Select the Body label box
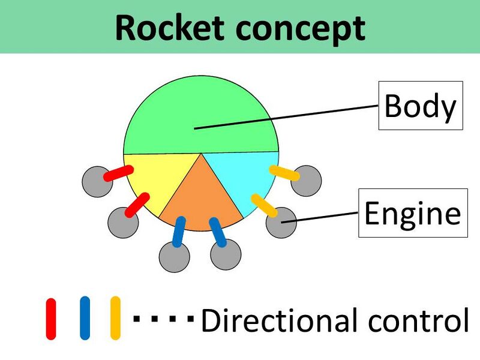pyautogui.click(x=420, y=106)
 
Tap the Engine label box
pyautogui.click(x=413, y=213)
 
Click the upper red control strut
pyautogui.click(x=118, y=173)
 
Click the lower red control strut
pyautogui.click(x=137, y=205)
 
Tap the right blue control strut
pyautogui.click(x=217, y=232)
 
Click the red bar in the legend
pyautogui.click(x=51, y=318)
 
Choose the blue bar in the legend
pyautogui.click(x=85, y=318)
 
